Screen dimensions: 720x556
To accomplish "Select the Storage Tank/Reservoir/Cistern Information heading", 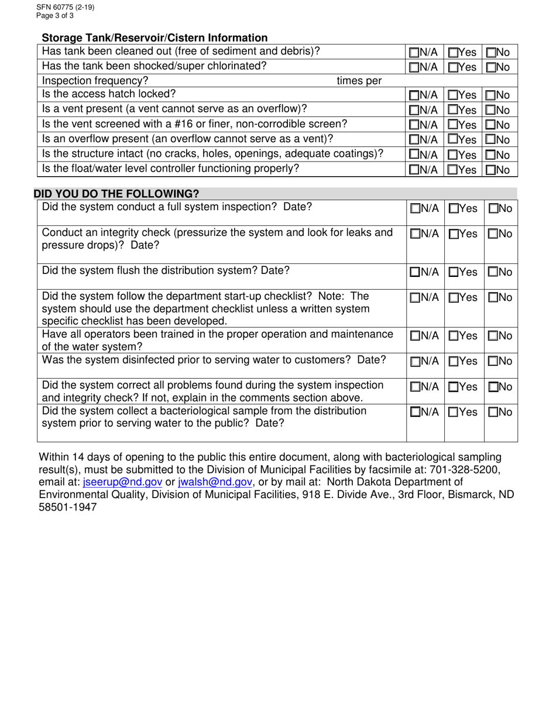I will click(x=155, y=38).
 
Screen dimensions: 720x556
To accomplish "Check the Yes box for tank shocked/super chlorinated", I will click(x=453, y=67).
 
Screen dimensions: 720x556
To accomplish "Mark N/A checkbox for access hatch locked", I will click(x=414, y=95).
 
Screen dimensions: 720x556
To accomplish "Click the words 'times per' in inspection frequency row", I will click(x=359, y=81).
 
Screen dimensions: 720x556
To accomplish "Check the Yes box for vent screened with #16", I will click(x=453, y=125).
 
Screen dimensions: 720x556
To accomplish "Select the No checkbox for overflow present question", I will click(x=491, y=140).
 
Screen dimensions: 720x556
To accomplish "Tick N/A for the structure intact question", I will click(x=414, y=155).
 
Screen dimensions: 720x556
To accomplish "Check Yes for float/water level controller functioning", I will click(x=453, y=170).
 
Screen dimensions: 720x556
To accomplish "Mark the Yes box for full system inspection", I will click(x=453, y=208).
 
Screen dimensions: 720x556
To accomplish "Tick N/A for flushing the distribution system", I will click(x=414, y=272).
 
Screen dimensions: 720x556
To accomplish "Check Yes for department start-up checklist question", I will click(x=453, y=298).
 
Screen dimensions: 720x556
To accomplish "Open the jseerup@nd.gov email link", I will click(x=122, y=482).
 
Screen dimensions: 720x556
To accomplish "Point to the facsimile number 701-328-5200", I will click(x=468, y=469).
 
